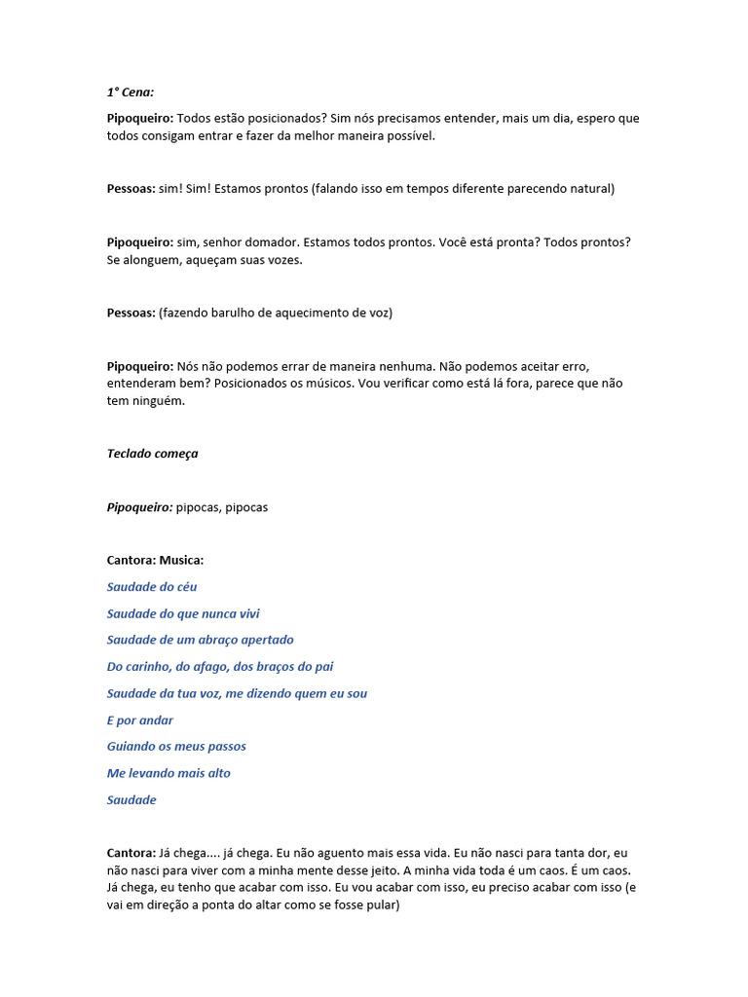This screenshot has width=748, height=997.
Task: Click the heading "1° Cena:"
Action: [131, 92]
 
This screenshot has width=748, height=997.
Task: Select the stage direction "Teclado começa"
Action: [152, 454]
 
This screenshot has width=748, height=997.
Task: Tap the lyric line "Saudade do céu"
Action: [152, 587]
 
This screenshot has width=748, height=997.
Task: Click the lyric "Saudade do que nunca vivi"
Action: [183, 613]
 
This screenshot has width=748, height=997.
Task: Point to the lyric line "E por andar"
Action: [140, 720]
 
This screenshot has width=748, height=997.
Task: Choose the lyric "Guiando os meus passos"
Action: [176, 747]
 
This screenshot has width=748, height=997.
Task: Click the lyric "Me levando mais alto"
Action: [168, 773]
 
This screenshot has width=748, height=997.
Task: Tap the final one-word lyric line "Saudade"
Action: [131, 800]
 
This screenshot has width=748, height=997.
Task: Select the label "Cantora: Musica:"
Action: [155, 561]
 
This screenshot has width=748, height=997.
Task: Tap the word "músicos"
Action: [327, 384]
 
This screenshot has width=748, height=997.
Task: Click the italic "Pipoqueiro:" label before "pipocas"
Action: [139, 507]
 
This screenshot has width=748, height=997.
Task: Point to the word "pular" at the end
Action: [379, 905]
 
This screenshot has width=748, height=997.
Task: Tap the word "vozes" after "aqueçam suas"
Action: [283, 260]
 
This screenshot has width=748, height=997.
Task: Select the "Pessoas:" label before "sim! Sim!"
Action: [131, 189]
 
